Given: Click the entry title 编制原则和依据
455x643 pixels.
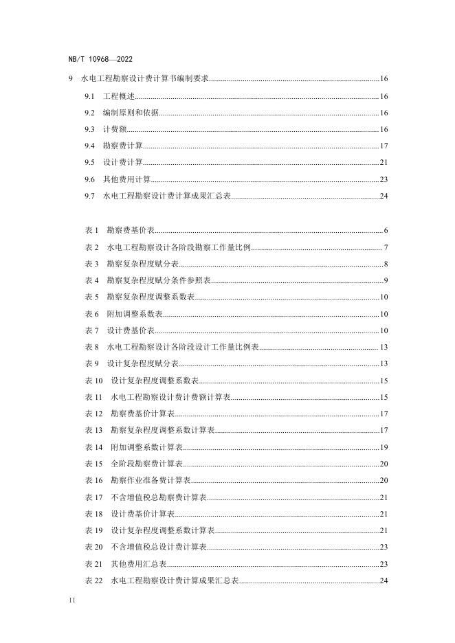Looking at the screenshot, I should tap(131, 113).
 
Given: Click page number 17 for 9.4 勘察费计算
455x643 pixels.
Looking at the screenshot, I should tap(384, 146).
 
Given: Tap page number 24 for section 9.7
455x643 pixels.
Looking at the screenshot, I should tap(384, 196).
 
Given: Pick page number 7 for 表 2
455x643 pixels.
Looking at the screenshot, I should tap(386, 247).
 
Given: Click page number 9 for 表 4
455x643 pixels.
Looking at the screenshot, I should tap(386, 280).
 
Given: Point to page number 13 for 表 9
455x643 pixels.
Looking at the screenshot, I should tap(384, 363).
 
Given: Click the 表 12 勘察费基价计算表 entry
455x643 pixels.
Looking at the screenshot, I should tap(130, 414).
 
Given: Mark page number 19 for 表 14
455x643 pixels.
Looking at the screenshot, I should tap(384, 447).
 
